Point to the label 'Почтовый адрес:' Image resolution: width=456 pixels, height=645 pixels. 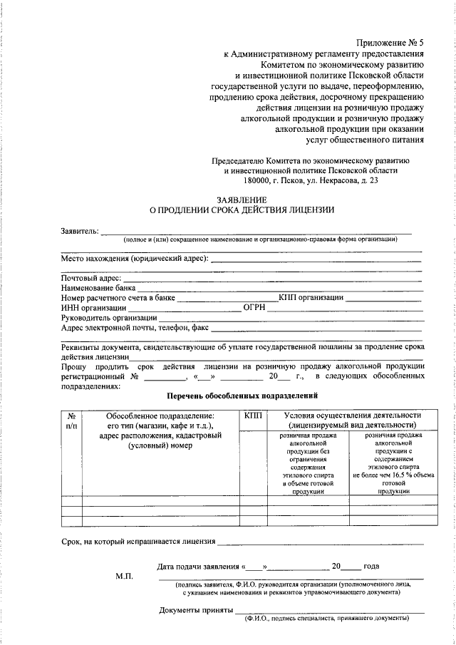tap(91, 277)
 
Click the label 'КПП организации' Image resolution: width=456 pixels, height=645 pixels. tap(311, 297)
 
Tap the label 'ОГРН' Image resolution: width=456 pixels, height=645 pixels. tap(254, 307)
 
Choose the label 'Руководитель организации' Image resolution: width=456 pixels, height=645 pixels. tap(109, 318)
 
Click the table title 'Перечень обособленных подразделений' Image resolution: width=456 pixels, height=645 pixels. tap(241, 395)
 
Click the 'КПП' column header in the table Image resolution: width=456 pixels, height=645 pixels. tap(253, 416)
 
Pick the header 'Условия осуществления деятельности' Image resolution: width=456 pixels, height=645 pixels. tap(352, 416)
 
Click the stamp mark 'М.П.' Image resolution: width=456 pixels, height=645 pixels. tap(125, 575)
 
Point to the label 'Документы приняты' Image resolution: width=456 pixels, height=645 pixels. tap(196, 610)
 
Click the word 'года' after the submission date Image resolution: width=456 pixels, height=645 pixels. tap(371, 567)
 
